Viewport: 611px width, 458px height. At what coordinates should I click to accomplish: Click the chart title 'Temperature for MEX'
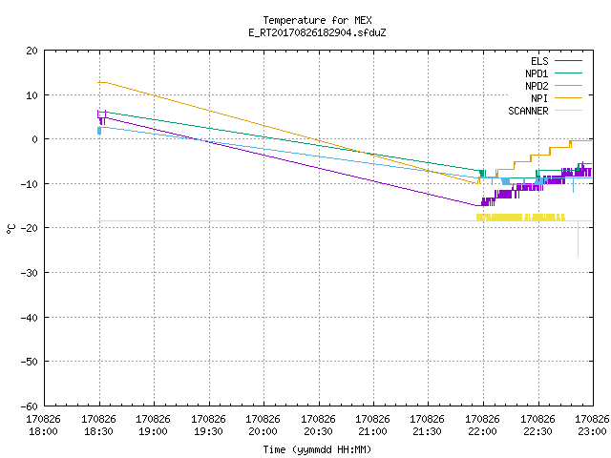click(317, 20)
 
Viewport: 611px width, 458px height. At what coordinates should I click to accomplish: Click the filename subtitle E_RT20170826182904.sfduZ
click(317, 32)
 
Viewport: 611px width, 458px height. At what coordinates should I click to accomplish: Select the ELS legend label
click(539, 61)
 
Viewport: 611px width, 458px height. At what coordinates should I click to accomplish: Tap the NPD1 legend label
click(537, 73)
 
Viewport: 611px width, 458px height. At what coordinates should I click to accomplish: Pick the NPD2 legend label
click(537, 86)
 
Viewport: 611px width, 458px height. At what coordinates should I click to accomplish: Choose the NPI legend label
click(539, 98)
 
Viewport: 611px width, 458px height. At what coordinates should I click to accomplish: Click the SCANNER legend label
click(528, 111)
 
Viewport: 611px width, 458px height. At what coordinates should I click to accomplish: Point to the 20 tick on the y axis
click(32, 51)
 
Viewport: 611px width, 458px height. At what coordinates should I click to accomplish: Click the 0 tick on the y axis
click(35, 139)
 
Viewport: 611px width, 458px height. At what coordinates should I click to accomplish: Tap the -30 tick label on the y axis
click(30, 273)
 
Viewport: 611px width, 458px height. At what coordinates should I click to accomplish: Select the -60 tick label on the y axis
click(30, 406)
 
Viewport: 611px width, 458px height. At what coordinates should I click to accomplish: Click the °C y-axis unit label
click(11, 229)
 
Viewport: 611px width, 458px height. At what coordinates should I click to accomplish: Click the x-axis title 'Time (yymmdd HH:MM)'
click(317, 449)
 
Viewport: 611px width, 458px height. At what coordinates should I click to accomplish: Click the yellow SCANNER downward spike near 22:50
click(578, 239)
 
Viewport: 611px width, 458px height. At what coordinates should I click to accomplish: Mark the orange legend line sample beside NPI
click(568, 98)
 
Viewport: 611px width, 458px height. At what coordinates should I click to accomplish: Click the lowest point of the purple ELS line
click(477, 205)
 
